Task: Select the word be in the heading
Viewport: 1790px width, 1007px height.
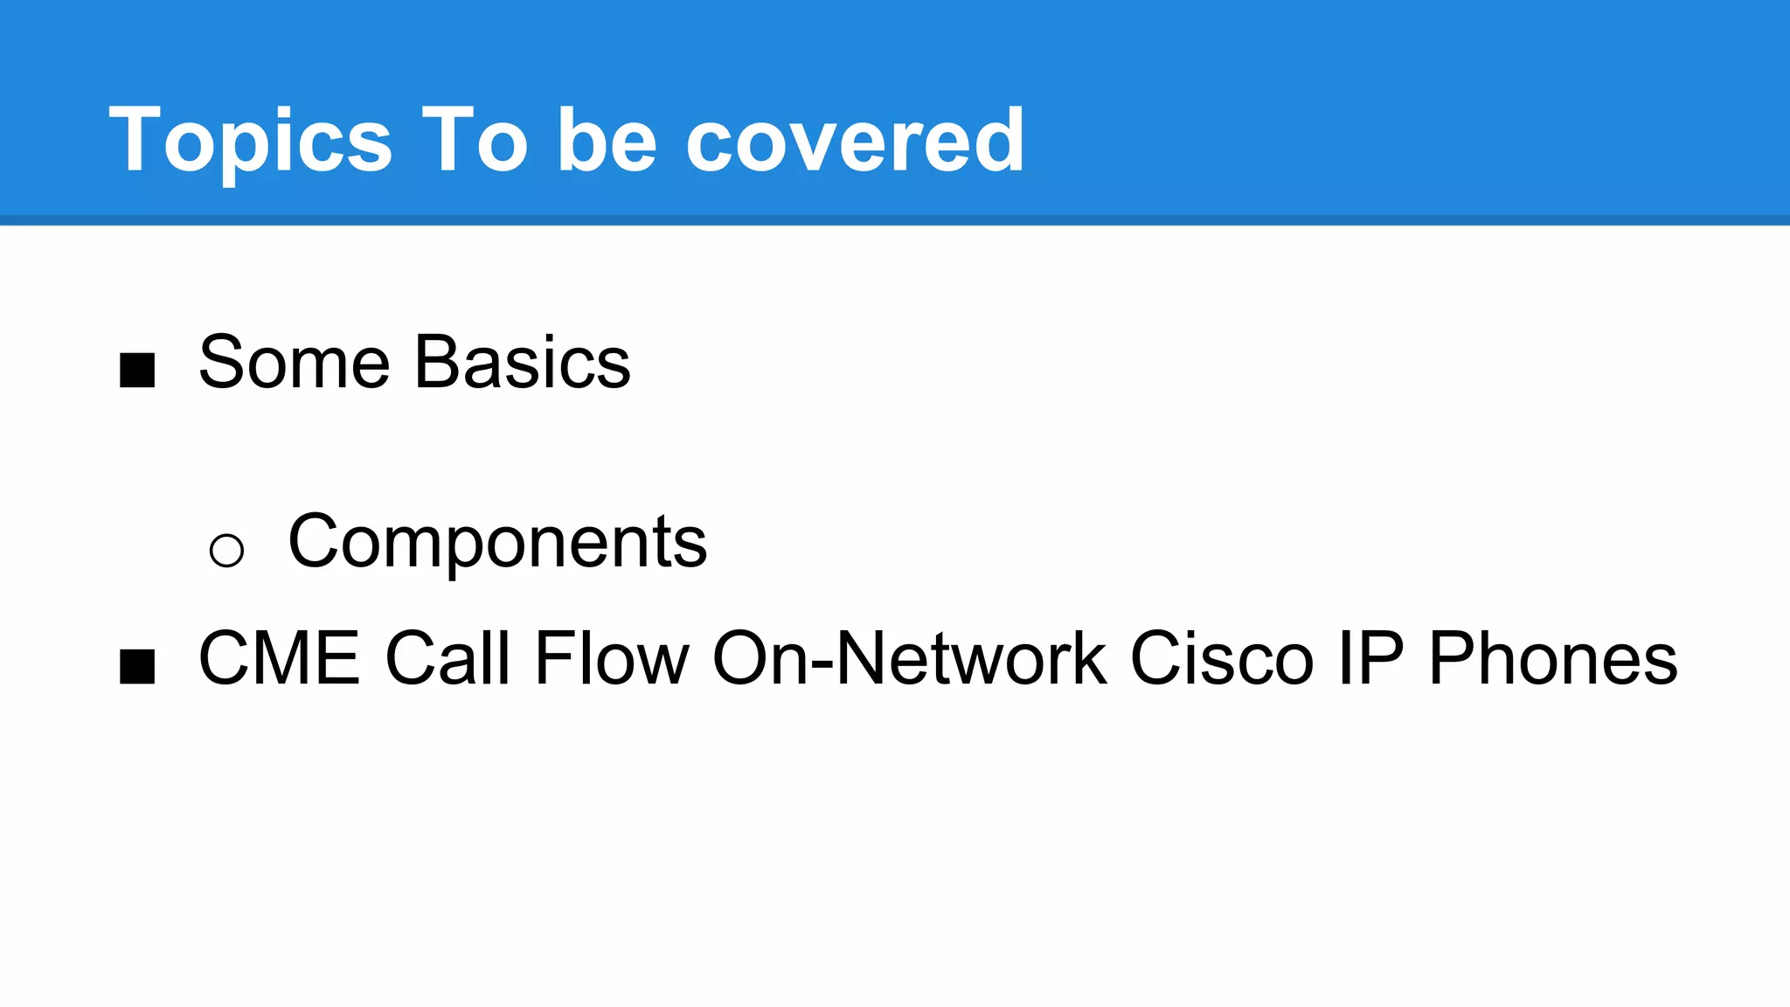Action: [x=607, y=140]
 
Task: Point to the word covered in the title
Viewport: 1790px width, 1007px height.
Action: [x=855, y=140]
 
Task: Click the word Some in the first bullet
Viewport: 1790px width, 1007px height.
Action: [x=294, y=362]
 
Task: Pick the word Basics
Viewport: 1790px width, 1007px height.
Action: [x=523, y=362]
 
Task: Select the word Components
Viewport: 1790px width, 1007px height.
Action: [x=497, y=542]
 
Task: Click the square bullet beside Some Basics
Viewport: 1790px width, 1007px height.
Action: [x=137, y=370]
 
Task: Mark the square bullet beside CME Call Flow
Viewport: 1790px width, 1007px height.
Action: [x=137, y=666]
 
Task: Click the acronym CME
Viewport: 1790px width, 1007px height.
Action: [x=280, y=658]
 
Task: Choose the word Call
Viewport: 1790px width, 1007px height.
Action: [x=447, y=658]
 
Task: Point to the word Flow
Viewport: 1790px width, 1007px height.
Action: [x=612, y=658]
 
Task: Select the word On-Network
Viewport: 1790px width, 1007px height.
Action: [x=910, y=658]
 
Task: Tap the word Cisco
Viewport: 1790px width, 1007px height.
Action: [x=1222, y=658]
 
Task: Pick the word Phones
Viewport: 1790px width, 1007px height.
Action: [x=1553, y=658]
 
